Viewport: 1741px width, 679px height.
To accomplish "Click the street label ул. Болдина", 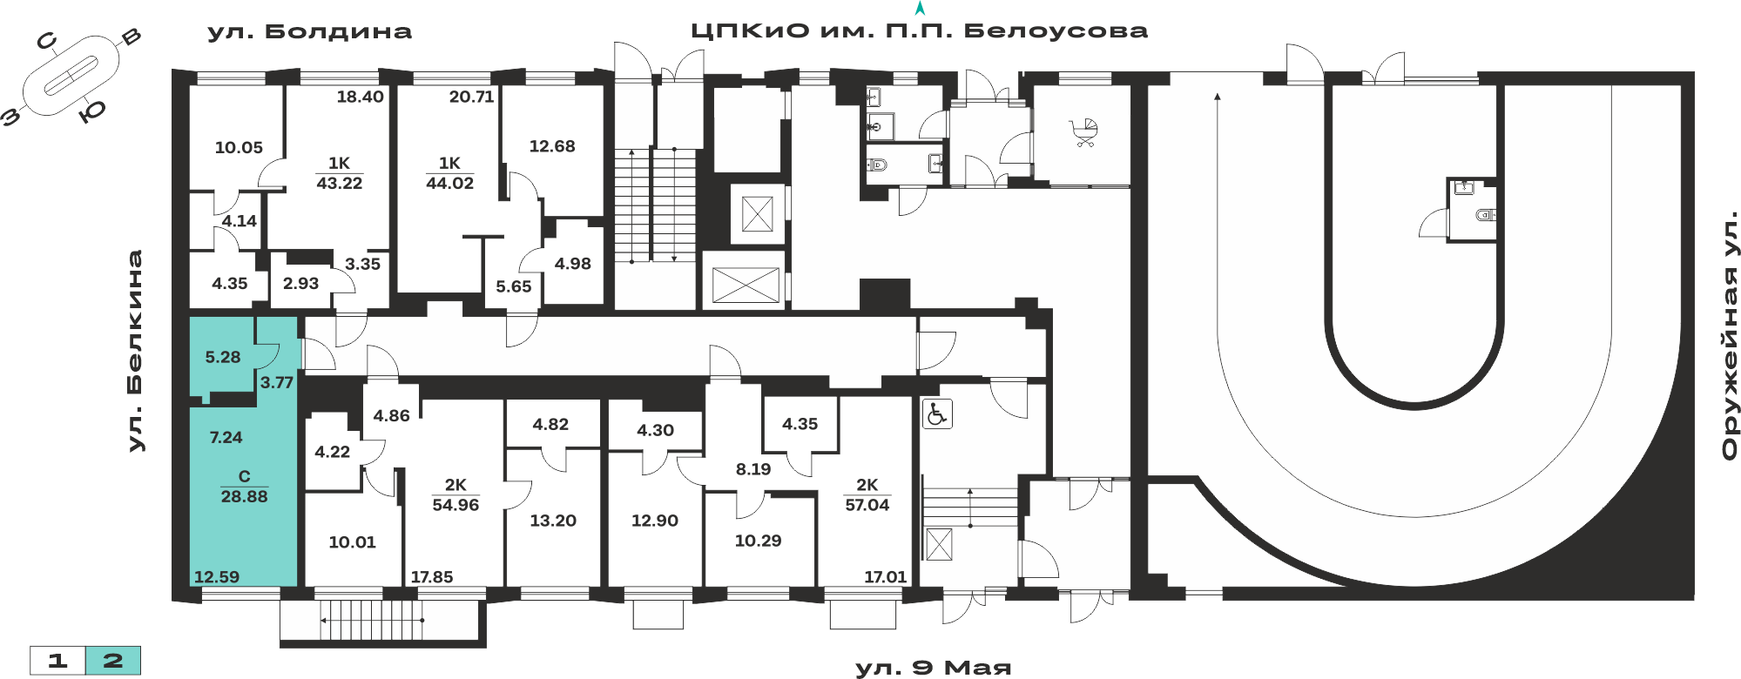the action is (x=309, y=32).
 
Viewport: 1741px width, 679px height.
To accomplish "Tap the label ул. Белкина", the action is (x=135, y=351).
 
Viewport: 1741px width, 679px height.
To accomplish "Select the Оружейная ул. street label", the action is (x=1730, y=335).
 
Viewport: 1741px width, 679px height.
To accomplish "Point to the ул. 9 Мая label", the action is (x=934, y=668).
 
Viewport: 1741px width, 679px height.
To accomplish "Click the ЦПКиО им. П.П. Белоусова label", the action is (x=920, y=31).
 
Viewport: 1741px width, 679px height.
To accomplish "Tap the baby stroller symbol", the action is (x=1084, y=133).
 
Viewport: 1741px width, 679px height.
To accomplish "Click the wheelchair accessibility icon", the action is (x=937, y=413).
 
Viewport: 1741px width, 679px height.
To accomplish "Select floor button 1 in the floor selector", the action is (x=57, y=661).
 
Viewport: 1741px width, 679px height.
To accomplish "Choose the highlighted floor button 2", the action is (x=113, y=661).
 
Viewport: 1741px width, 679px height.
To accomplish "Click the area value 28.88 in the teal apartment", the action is (x=244, y=496).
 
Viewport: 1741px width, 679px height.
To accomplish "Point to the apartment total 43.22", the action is (x=339, y=183).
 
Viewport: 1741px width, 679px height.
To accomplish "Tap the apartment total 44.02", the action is (x=449, y=183).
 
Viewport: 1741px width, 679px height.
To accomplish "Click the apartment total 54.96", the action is (x=455, y=505).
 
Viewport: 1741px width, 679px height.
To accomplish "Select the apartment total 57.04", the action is (x=867, y=505).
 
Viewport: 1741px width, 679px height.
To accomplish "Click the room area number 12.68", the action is (x=552, y=146).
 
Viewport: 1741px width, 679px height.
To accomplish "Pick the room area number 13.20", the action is (x=553, y=521).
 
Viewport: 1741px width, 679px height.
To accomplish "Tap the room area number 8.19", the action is (x=753, y=469).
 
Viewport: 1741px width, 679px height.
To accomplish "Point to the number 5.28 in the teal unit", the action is (x=223, y=357).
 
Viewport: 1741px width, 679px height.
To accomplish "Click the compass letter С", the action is (x=46, y=40).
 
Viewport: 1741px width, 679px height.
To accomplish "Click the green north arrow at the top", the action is (x=920, y=9).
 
